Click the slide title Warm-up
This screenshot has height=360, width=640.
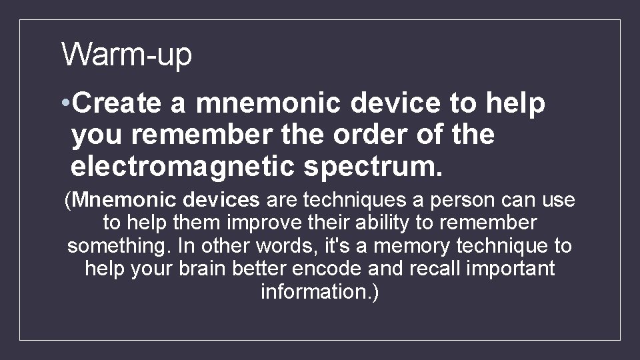point(127,54)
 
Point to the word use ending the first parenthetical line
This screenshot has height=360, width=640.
point(558,200)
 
